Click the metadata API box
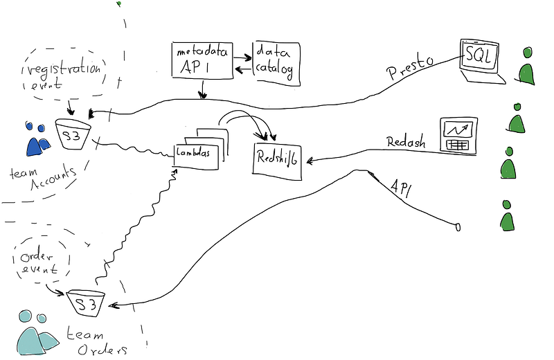click(x=202, y=60)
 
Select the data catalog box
click(x=276, y=64)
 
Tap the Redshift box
click(x=277, y=161)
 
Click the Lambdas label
click(x=193, y=152)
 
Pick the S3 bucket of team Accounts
click(x=73, y=134)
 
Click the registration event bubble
click(x=64, y=73)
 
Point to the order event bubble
click(x=41, y=259)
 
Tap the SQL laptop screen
click(x=479, y=56)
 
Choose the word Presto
click(x=410, y=67)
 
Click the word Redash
click(x=406, y=142)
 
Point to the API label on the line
click(x=401, y=188)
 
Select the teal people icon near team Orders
click(x=37, y=333)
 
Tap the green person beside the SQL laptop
click(x=526, y=67)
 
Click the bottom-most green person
click(x=507, y=215)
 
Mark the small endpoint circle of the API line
click(x=458, y=227)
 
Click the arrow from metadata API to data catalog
click(x=242, y=57)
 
